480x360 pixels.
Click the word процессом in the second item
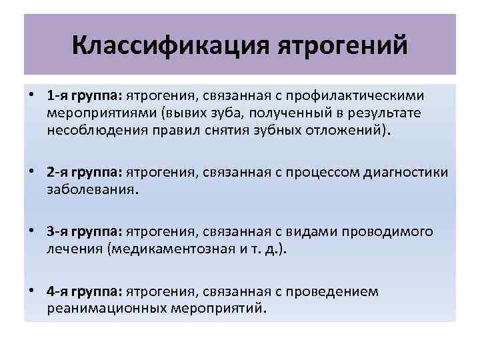click(x=313, y=174)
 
